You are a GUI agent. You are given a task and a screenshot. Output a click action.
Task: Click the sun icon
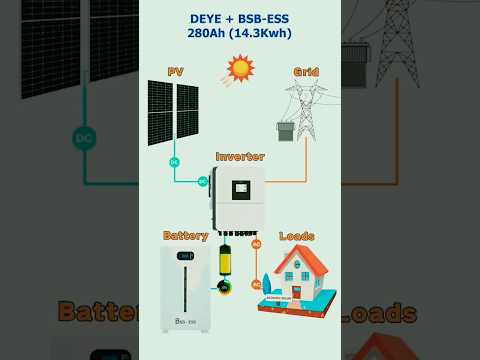pyautogui.click(x=240, y=68)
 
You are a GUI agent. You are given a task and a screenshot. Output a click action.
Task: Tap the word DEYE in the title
pyautogui.click(x=207, y=18)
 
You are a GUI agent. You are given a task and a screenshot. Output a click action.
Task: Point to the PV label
pyautogui.click(x=175, y=72)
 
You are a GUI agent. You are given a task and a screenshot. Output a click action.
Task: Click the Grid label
pyautogui.click(x=306, y=72)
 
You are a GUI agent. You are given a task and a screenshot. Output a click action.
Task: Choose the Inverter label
pyautogui.click(x=240, y=157)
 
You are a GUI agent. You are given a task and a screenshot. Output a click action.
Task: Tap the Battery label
pyautogui.click(x=185, y=236)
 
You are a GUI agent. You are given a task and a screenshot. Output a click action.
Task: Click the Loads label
pyautogui.click(x=297, y=236)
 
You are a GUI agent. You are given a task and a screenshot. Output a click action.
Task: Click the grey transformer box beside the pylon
pyautogui.click(x=285, y=131)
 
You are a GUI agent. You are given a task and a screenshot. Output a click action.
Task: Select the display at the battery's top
pyautogui.click(x=185, y=256)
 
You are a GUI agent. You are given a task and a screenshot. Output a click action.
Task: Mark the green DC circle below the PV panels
pyautogui.click(x=174, y=162)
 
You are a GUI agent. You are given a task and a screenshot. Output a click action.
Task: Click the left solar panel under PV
pyautogui.click(x=160, y=112)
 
